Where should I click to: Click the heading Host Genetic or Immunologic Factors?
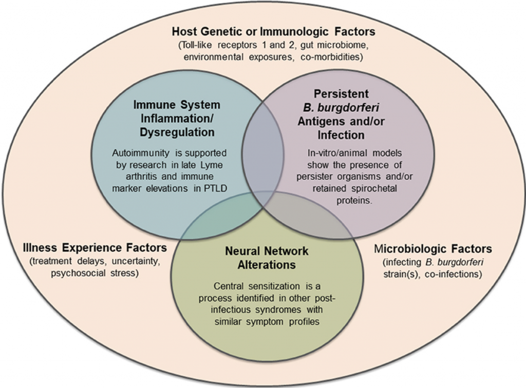pyautogui.click(x=273, y=32)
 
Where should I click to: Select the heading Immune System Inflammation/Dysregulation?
pyautogui.click(x=177, y=119)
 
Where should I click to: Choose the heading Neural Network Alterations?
pyautogui.click(x=267, y=258)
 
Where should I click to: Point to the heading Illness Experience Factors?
pyautogui.click(x=95, y=248)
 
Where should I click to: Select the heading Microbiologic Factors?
pyautogui.click(x=433, y=249)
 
